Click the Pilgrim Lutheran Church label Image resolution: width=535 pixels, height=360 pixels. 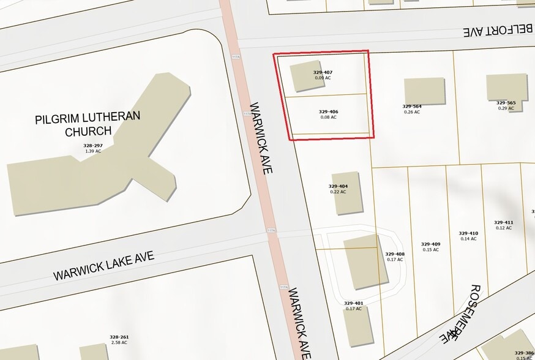[x=88, y=123]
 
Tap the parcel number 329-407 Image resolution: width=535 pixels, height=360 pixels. [x=323, y=72]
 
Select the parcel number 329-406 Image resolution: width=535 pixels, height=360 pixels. [x=328, y=111]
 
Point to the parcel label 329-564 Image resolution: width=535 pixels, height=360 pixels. [x=412, y=106]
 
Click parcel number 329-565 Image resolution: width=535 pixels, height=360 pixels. [x=506, y=103]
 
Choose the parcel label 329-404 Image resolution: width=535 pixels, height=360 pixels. [x=338, y=186]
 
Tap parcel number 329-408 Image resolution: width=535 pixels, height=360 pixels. [x=395, y=253]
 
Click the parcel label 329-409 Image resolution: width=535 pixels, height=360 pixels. [x=430, y=244]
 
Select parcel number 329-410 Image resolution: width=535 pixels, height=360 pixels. [x=468, y=233]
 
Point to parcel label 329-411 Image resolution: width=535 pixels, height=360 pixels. [x=503, y=222]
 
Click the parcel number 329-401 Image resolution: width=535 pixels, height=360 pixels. [x=353, y=303]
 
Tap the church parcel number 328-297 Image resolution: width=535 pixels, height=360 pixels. [x=92, y=146]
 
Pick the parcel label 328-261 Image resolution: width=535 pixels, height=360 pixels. [x=119, y=337]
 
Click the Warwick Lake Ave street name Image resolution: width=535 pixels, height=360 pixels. [x=103, y=266]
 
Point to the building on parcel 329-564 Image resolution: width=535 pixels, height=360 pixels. [x=424, y=91]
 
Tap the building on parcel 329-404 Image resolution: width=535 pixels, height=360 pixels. [x=347, y=193]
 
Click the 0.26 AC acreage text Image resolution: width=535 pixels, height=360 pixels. [x=412, y=112]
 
